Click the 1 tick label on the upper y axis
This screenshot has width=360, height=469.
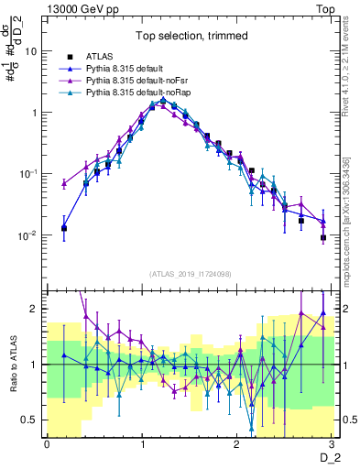36,113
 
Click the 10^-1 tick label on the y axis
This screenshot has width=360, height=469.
30,173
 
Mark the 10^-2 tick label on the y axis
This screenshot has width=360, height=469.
30,234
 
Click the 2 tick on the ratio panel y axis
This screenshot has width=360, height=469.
36,309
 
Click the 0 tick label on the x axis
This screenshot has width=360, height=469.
48,444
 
